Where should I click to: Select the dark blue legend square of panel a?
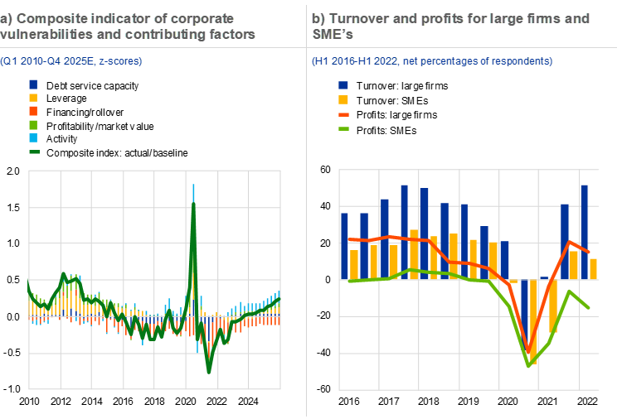pyautogui.click(x=33, y=84)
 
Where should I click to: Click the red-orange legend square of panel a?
pyautogui.click(x=33, y=111)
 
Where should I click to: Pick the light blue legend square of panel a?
pyautogui.click(x=33, y=137)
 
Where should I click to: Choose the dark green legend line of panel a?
pyautogui.click(x=33, y=152)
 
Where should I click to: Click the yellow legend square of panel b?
pyautogui.click(x=343, y=99)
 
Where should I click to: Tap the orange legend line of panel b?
pyautogui.click(x=343, y=114)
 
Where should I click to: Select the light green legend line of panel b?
pyautogui.click(x=343, y=128)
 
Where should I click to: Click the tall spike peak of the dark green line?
pyautogui.click(x=193, y=203)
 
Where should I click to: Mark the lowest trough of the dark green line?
pyautogui.click(x=209, y=371)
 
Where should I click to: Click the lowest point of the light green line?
pyautogui.click(x=529, y=366)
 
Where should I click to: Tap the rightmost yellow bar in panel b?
pyautogui.click(x=594, y=269)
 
